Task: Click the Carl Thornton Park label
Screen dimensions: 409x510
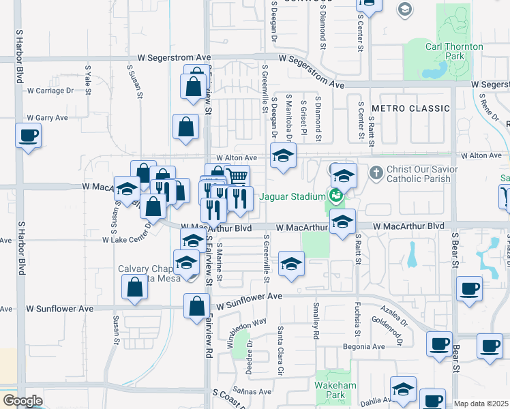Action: click(454, 52)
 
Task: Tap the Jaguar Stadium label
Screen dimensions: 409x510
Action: click(292, 197)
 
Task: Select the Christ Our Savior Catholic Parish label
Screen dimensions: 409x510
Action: click(419, 174)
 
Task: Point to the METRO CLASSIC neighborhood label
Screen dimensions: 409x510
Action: click(410, 108)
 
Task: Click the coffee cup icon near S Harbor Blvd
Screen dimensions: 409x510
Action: click(28, 135)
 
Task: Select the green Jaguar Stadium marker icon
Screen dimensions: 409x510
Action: click(335, 196)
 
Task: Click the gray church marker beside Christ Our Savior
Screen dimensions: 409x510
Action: click(376, 172)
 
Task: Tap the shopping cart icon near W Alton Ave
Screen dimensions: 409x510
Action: click(237, 177)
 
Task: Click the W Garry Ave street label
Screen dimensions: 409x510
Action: click(48, 117)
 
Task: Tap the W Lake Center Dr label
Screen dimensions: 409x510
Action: click(126, 240)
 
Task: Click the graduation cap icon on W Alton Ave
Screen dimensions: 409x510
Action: click(283, 155)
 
